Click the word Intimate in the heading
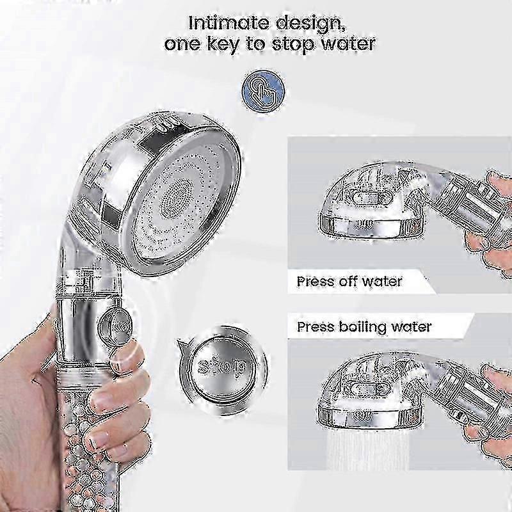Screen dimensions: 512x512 [228, 23]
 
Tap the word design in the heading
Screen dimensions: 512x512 [310, 24]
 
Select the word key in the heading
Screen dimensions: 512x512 [223, 45]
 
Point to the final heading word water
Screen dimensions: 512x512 [348, 44]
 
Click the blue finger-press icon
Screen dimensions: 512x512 [263, 92]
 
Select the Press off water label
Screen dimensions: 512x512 [349, 281]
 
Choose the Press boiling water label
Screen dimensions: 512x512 [364, 326]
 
